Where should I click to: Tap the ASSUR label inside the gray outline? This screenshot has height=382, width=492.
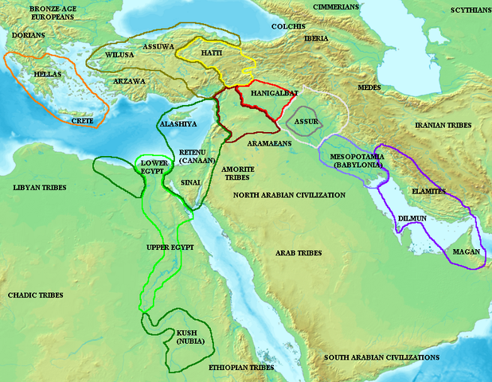(307, 121)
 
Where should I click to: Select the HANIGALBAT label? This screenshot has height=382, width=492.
(252, 93)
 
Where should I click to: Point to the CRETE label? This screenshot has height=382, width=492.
(82, 121)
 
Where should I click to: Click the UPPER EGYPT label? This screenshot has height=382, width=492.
(170, 248)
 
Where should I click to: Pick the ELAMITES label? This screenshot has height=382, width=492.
(429, 191)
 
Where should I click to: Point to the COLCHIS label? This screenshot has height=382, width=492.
(287, 25)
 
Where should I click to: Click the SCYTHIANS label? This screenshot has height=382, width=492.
(466, 10)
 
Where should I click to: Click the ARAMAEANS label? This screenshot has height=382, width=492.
(268, 142)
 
